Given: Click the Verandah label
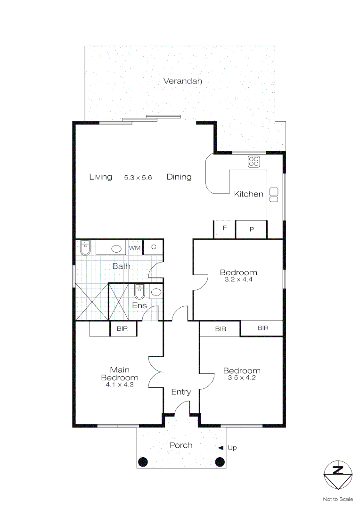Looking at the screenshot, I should [183, 81].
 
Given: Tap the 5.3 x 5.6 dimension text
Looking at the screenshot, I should [139, 178].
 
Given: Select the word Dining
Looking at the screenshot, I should [179, 177].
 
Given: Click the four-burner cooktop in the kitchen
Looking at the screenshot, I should [254, 161].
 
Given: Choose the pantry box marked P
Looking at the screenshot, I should [252, 230].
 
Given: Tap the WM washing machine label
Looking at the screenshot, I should [135, 247].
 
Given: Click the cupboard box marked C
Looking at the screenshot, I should [153, 247].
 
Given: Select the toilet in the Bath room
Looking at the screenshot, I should [85, 247].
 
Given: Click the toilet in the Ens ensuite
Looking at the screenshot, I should [139, 292].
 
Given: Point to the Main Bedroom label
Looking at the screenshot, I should [120, 374].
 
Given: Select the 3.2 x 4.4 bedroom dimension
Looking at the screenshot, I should [238, 279].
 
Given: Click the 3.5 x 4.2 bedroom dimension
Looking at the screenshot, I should [242, 378].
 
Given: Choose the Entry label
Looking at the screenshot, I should [181, 392].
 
